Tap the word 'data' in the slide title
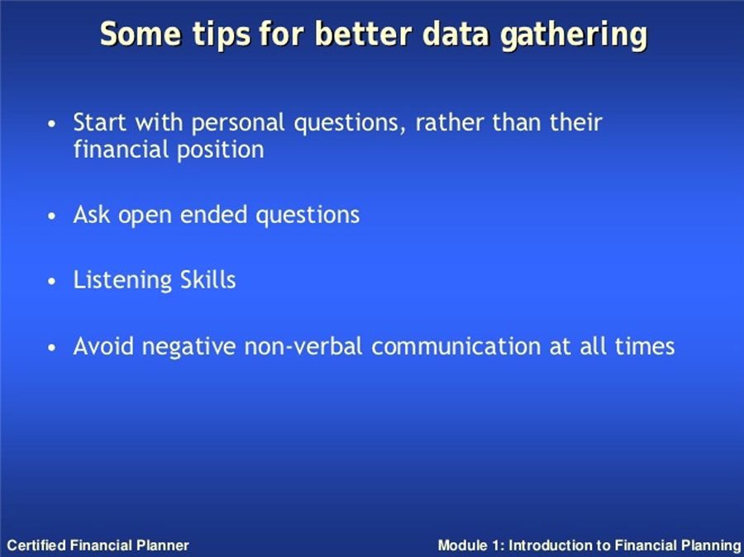455,34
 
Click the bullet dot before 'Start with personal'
52,124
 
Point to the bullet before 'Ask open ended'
52,217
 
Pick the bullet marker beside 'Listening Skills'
52,281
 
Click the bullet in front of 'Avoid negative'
52,348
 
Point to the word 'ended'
214,214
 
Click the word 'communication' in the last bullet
456,346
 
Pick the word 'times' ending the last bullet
645,346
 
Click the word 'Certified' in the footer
37,545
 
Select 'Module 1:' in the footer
470,545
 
